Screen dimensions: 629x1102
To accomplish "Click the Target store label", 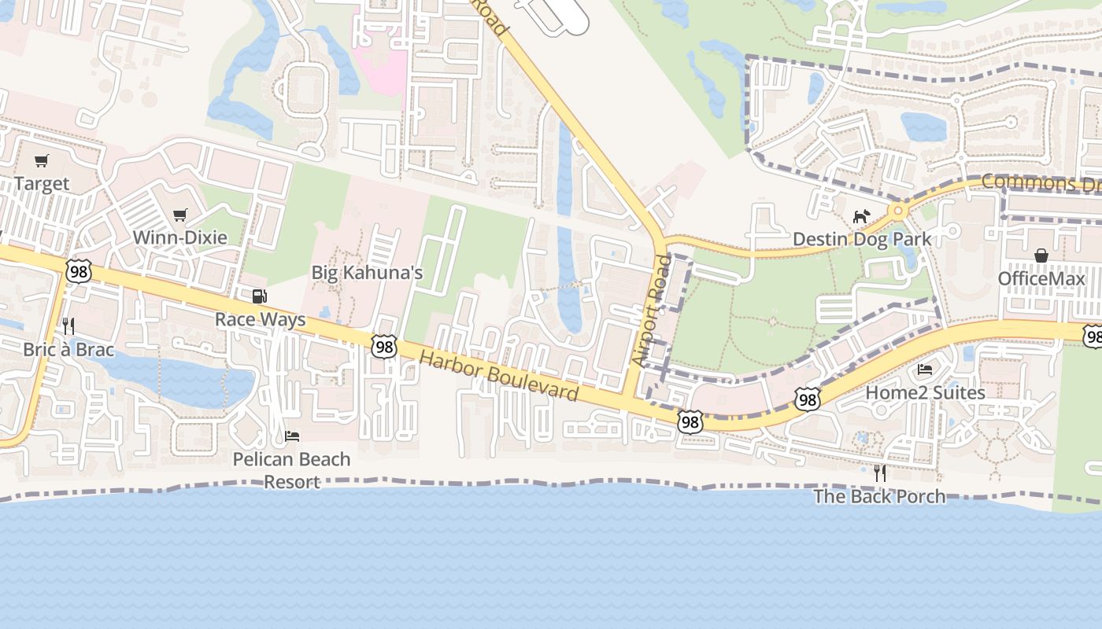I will click(x=42, y=184).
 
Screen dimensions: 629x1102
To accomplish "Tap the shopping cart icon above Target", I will click(x=42, y=161).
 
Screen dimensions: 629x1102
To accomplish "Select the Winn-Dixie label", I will click(x=179, y=237).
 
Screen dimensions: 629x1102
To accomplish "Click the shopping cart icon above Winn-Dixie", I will click(x=180, y=215).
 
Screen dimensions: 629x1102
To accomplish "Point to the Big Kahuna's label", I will click(x=368, y=274).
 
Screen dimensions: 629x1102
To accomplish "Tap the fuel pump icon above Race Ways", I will click(x=259, y=296).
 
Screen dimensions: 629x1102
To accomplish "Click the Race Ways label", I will click(x=261, y=320).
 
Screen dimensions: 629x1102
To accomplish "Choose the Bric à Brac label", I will click(x=68, y=350).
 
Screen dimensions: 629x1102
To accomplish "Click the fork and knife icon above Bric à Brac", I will click(x=68, y=326).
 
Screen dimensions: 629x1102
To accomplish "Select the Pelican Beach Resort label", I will click(x=291, y=470).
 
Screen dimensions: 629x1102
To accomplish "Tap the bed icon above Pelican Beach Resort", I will click(x=292, y=436).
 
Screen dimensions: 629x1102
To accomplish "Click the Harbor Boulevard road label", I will click(x=499, y=376).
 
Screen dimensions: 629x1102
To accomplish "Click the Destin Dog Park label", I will click(x=862, y=239).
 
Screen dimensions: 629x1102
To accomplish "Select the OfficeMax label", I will click(x=1041, y=279).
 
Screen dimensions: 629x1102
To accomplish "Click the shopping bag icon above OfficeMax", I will click(x=1041, y=256).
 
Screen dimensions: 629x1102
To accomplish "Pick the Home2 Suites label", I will click(x=925, y=392).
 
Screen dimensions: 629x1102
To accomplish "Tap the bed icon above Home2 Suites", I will click(x=925, y=370).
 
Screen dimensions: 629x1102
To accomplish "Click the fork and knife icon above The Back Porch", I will click(x=880, y=473).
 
